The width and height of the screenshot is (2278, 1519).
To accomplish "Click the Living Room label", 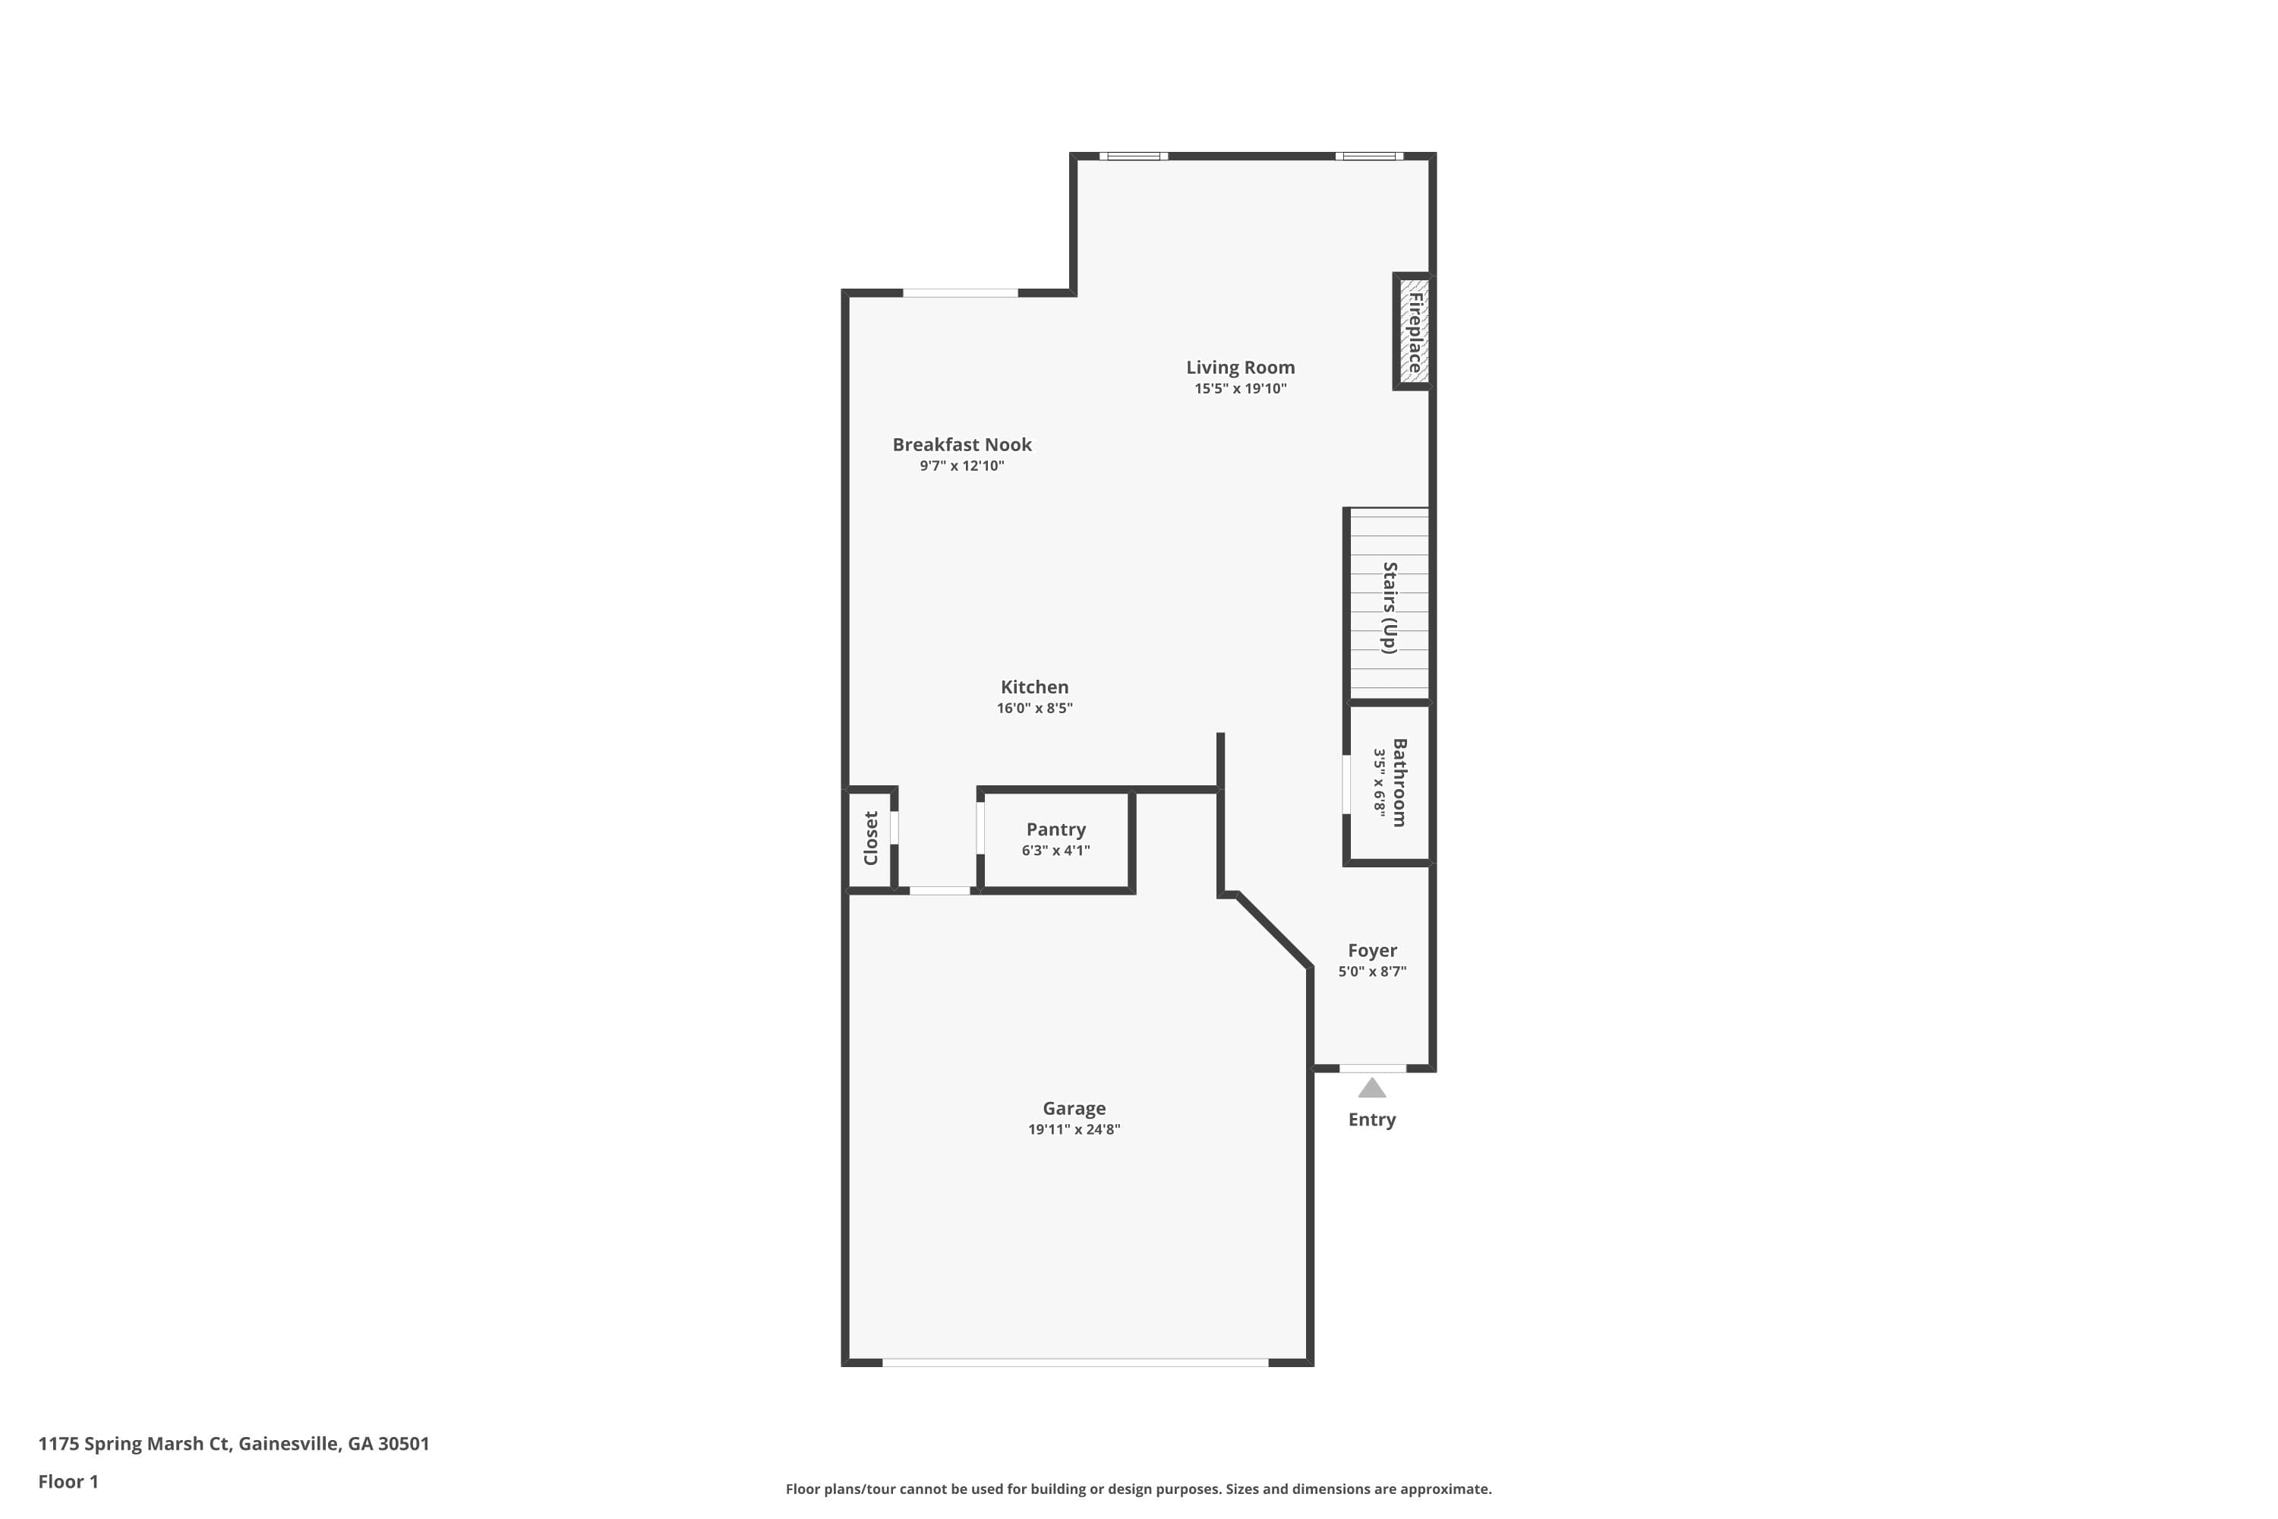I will coord(1240,367).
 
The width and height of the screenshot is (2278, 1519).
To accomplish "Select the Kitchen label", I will coord(1034,687).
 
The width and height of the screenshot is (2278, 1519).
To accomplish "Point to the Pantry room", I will coord(1055,839).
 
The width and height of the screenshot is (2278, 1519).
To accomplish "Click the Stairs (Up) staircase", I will coord(1389,605).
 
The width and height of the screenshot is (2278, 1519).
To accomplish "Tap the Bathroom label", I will coord(1399,783).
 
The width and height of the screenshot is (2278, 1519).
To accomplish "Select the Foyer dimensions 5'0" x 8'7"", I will coord(1371,971).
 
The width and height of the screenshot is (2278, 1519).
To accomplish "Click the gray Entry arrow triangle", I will coord(1371,1089).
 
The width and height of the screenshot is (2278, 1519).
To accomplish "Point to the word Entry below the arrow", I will coord(1371,1120).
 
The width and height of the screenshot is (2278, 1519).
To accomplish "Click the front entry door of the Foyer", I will coord(1371,1068).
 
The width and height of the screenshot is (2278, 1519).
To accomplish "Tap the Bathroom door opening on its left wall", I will coord(1346,785).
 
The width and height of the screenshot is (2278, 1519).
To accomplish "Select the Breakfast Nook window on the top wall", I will coord(960,292).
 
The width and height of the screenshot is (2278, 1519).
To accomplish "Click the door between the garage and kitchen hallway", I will coord(939,890).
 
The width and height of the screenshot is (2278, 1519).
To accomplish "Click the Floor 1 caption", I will coord(68,1481).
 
